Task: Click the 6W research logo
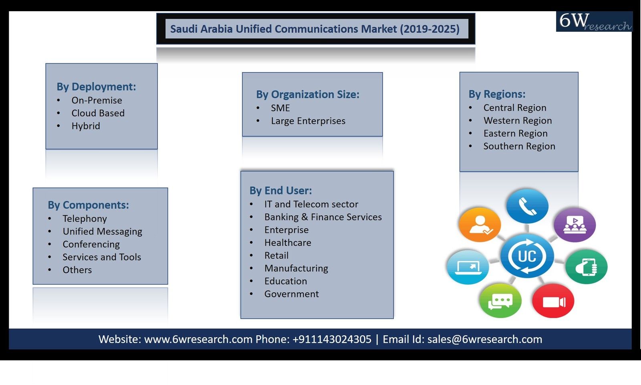tap(595, 22)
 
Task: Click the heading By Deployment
tap(96, 87)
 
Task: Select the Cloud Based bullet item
tap(98, 113)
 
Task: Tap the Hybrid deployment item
tap(86, 126)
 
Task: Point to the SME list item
tap(280, 108)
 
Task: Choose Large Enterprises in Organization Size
tap(308, 121)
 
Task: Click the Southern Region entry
tap(519, 146)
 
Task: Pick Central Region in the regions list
tap(515, 108)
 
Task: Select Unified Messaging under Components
tap(103, 231)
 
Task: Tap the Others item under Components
tap(77, 270)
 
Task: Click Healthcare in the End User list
tap(288, 243)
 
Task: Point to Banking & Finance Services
tap(323, 217)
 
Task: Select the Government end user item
tap(292, 294)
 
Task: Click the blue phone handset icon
tap(527, 206)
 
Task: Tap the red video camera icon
tap(553, 301)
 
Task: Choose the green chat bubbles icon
tap(500, 301)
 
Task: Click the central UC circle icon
tap(527, 256)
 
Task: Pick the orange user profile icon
tap(480, 225)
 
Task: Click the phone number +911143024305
tap(332, 339)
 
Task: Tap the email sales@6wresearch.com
tap(485, 339)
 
